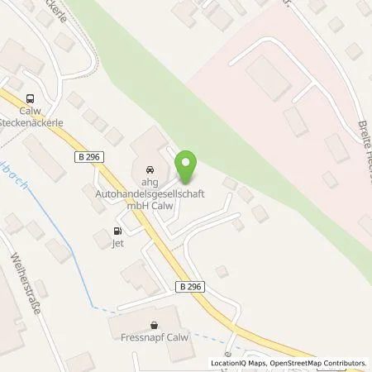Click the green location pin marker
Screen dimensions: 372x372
pos(188,167)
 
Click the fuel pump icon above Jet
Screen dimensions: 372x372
pos(117,231)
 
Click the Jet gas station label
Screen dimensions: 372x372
pos(117,245)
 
